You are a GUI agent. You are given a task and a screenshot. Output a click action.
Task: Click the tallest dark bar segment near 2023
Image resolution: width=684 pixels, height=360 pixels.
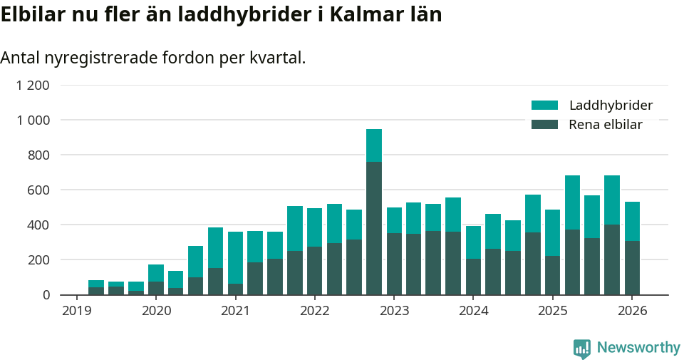point(374,228)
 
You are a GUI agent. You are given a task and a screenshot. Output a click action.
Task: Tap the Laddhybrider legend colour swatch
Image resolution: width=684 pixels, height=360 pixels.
point(544,106)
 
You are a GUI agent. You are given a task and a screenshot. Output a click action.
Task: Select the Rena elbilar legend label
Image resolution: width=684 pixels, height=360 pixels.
point(606,125)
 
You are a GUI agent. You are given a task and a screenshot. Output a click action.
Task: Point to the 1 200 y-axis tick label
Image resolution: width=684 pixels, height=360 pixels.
point(33,86)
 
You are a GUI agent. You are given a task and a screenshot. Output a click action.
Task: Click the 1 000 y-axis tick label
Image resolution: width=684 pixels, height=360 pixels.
point(33,120)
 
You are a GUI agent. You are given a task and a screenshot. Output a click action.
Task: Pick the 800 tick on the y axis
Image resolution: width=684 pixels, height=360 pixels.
point(38,155)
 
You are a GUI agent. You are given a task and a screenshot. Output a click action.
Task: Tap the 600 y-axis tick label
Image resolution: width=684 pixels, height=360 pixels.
point(38,190)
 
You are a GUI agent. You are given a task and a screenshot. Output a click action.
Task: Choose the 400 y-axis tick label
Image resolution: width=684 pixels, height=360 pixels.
point(38,225)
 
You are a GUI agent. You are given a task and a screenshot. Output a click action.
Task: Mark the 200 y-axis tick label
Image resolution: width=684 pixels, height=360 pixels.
point(38,260)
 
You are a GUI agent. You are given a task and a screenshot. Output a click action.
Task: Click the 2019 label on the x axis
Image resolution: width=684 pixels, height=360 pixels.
point(77,311)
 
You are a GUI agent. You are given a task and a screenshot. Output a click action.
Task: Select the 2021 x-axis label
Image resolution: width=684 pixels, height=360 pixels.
point(235,311)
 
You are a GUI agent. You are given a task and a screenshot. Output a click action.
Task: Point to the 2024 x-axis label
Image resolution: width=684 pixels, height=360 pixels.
point(473,311)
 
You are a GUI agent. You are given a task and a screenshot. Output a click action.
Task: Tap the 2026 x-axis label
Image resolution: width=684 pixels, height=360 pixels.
point(631,311)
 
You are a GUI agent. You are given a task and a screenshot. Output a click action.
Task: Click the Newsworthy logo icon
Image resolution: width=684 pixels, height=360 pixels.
point(582,349)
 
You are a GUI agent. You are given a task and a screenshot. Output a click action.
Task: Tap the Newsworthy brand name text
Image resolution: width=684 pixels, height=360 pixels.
point(638,348)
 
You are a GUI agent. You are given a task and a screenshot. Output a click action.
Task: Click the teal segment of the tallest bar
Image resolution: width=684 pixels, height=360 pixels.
point(374,145)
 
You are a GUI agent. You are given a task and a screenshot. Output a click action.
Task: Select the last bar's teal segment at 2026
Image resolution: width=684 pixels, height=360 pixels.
point(632,221)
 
